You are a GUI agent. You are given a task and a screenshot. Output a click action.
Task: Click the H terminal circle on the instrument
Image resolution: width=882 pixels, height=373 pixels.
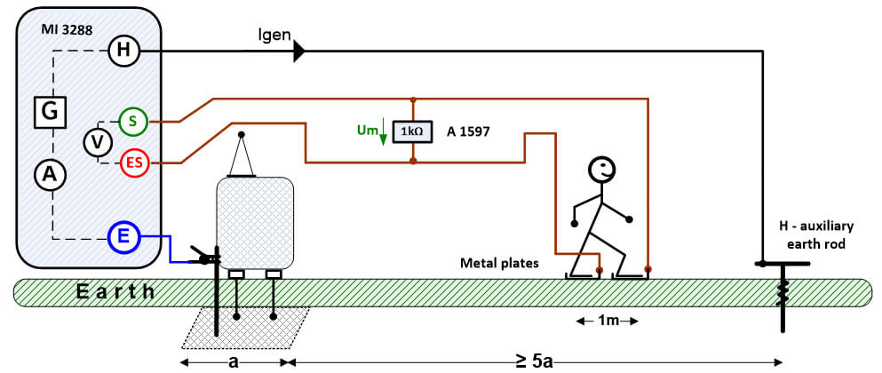pos(123,51)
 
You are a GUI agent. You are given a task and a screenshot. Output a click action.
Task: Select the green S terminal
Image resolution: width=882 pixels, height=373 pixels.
pos(132,121)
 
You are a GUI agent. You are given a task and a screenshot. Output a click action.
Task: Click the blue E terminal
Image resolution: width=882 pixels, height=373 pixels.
pos(123,239)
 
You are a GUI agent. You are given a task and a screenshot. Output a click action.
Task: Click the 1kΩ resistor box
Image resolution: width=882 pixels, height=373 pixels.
pos(413,131)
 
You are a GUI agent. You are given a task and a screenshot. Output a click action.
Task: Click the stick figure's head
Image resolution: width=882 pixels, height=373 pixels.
pos(602,169)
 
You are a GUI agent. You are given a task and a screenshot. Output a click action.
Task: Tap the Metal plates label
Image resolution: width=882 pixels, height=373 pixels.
pos(499,262)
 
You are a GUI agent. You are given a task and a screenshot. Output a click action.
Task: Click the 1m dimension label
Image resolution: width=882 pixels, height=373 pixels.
pos(608,321)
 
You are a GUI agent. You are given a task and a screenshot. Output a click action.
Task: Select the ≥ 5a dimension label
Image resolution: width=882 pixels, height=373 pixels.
pos(534,361)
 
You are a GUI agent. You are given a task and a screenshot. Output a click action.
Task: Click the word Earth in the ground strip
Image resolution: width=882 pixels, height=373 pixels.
pos(115,291)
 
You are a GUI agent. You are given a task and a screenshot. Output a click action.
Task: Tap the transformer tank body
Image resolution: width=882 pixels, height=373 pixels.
pos(255,223)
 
